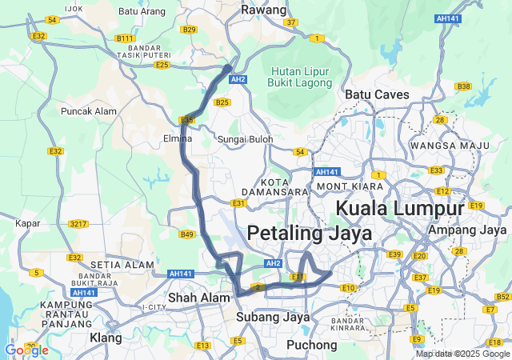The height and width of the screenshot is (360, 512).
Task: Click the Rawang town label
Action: [x=263, y=10]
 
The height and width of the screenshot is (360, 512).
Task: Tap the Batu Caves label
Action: [x=377, y=94]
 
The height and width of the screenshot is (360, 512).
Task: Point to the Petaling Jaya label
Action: [x=310, y=234]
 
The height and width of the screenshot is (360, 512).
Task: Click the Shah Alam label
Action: [x=188, y=298]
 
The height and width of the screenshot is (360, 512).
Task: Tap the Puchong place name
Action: [x=311, y=345]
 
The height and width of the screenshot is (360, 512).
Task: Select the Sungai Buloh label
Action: [x=246, y=139]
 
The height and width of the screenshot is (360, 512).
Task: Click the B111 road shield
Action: [x=125, y=38]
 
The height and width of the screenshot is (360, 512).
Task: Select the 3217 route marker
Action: [x=78, y=223]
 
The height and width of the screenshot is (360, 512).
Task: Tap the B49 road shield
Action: [x=186, y=234]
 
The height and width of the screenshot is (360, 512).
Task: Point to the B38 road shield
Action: [x=462, y=86]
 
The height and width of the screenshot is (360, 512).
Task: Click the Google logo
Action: [x=26, y=350]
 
